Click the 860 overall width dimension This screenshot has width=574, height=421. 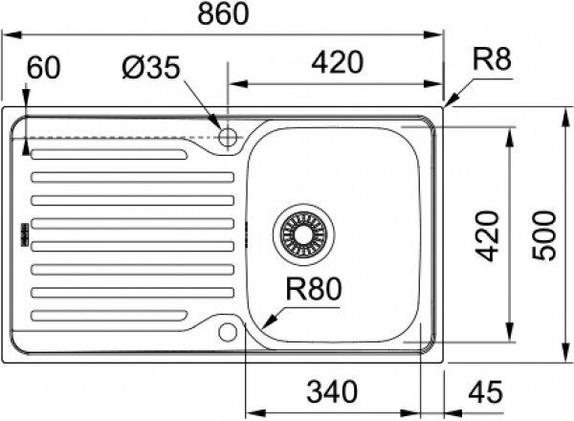tap(223, 13)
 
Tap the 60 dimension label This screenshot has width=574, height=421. tap(44, 68)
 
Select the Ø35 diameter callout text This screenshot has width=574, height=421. tap(151, 67)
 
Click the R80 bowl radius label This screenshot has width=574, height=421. tap(314, 288)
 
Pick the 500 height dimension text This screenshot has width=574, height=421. tap(544, 235)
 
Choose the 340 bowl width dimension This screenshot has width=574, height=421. tap(332, 391)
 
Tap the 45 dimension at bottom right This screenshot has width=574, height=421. tap(486, 391)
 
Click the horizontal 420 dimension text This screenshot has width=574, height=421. tap(337, 62)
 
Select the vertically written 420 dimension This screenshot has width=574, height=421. tap(487, 235)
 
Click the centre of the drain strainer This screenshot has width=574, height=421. tap(303, 234)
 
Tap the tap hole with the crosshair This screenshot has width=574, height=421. tap(228, 138)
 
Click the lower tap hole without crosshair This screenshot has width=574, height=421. tap(228, 332)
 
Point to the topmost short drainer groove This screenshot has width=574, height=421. tap(109, 154)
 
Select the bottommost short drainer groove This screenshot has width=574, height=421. tap(109, 316)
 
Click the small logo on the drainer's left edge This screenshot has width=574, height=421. tap(25, 234)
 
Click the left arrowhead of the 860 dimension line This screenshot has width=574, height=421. tap(11, 34)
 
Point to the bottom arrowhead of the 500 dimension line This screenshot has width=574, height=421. tap(567, 353)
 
